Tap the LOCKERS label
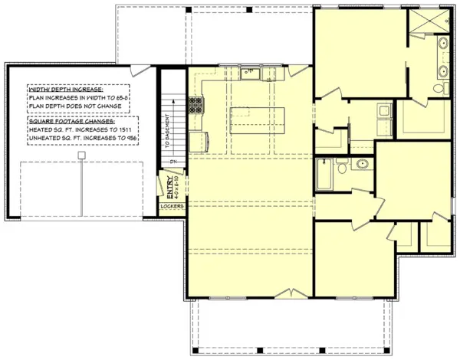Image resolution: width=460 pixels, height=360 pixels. click(170, 206)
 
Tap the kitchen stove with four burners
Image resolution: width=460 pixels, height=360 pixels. click(196, 103)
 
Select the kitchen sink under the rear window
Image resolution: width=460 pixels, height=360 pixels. click(251, 74)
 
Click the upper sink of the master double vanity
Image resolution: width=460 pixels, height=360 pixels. click(444, 44)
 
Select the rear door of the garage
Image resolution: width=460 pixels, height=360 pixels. click(140, 70)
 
